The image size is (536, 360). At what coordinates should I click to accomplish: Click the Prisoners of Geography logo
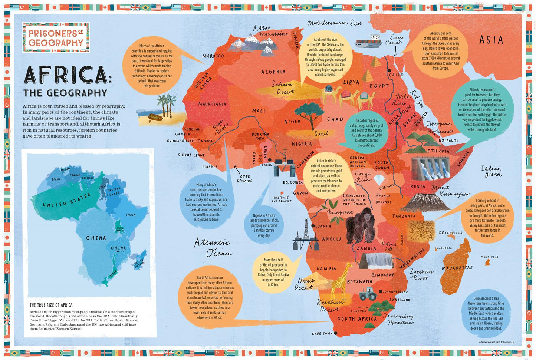point(56,37)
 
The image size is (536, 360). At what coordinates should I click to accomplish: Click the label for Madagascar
point(457,268)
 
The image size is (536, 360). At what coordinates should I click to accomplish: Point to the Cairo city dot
point(389,70)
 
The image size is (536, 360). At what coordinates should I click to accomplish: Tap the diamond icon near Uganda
point(379,180)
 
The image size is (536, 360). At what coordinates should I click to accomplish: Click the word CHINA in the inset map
point(96,238)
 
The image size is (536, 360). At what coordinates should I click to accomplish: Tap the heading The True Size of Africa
point(51,305)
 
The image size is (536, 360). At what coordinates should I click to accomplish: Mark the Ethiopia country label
point(438,151)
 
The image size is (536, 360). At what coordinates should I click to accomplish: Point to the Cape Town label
point(322,334)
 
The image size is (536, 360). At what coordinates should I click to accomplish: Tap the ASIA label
point(491,40)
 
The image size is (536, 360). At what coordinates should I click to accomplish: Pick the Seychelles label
point(450,233)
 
